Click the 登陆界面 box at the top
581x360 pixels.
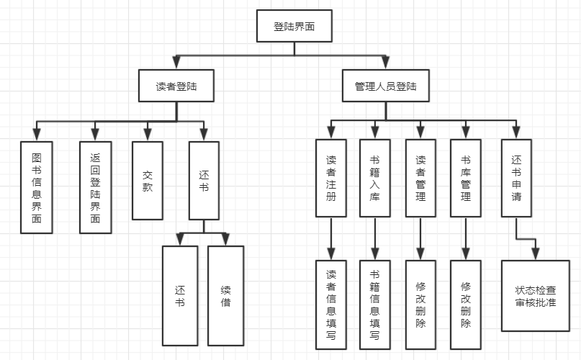(294, 27)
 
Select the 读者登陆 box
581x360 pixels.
(176, 86)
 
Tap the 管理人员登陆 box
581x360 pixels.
(385, 86)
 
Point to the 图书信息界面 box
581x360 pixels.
(37, 186)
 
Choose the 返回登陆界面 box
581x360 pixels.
(96, 186)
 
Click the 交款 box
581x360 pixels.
(148, 180)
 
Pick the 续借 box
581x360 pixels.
(226, 295)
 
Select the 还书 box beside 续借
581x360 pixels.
(180, 295)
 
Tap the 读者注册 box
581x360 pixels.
(330, 178)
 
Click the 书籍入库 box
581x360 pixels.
(375, 178)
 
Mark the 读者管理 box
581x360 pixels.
(420, 178)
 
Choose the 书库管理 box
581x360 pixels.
(465, 178)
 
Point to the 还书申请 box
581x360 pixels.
(516, 178)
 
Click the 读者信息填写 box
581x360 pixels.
(330, 305)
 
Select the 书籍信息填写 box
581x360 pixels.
(375, 305)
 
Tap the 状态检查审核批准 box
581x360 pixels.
(535, 296)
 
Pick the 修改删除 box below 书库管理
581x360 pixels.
(465, 305)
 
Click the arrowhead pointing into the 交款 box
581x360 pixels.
(148, 134)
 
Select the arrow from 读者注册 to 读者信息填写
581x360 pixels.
(330, 238)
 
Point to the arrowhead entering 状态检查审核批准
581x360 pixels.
(535, 253)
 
